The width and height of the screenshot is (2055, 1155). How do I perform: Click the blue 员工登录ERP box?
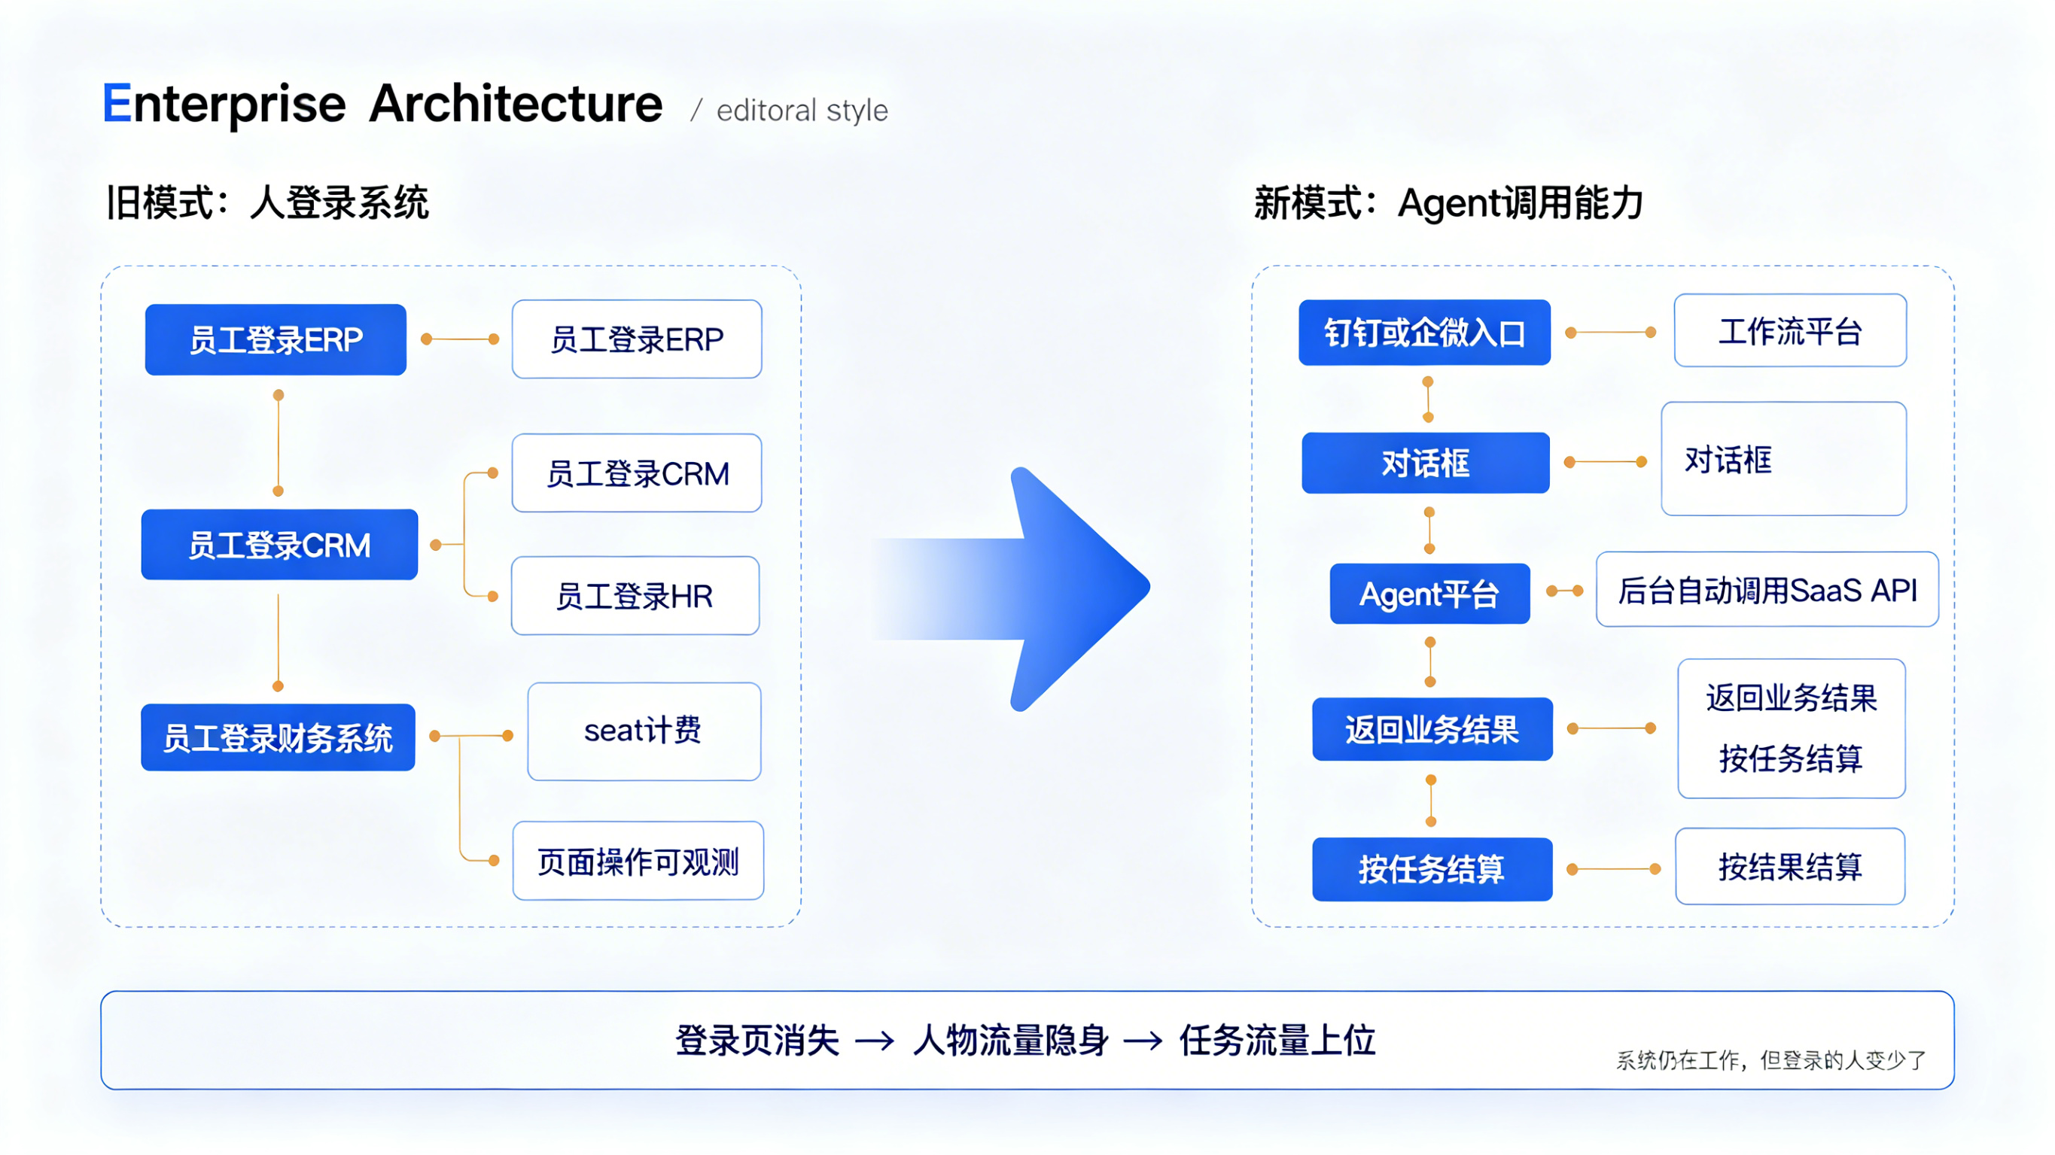click(276, 339)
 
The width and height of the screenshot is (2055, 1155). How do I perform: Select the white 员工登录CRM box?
click(637, 473)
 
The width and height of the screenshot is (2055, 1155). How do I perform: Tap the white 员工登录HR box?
click(635, 596)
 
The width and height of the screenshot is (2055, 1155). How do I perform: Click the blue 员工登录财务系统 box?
click(278, 737)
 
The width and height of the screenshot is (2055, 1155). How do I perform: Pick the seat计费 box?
click(644, 731)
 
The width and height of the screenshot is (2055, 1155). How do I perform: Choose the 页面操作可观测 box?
click(638, 861)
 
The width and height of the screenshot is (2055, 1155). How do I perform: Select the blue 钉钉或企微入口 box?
click(1424, 333)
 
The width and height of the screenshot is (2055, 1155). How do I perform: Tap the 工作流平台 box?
click(1789, 330)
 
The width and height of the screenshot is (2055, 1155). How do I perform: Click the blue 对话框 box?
click(1425, 463)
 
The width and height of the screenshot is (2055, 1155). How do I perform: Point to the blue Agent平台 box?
click(1429, 594)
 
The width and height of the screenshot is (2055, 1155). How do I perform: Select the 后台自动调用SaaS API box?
click(1766, 589)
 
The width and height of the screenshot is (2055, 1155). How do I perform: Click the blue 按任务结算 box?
click(1431, 868)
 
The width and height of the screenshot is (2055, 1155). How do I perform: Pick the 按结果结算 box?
click(1789, 866)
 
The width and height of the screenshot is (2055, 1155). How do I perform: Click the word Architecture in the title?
click(516, 104)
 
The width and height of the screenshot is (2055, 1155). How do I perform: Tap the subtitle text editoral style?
click(802, 110)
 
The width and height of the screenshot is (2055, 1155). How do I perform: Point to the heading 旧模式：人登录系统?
click(267, 202)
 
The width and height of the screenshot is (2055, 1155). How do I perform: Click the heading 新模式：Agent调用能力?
click(1448, 202)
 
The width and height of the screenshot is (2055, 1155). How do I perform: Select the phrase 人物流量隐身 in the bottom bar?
click(1010, 1040)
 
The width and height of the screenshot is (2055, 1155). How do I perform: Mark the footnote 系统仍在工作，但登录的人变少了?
click(1770, 1060)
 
